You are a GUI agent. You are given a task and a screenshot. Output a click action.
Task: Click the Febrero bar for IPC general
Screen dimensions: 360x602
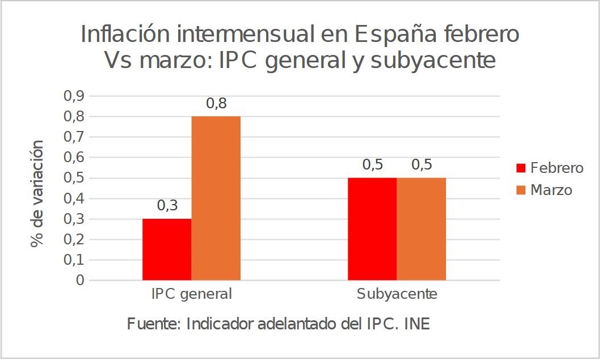click(167, 249)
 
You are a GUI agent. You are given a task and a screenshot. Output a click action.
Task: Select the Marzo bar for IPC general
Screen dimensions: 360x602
click(216, 198)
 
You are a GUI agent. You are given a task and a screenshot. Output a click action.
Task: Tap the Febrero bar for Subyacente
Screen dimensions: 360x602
click(372, 229)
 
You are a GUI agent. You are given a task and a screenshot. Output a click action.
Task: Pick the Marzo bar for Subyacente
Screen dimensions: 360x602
click(421, 229)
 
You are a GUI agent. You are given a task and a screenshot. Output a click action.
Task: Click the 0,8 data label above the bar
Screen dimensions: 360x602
click(216, 104)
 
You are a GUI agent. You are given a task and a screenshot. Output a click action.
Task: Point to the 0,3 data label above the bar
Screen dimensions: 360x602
click(167, 206)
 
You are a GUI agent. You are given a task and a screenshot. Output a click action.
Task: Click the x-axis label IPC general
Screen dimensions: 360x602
click(191, 295)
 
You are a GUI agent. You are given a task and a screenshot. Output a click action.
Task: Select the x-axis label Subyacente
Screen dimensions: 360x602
click(397, 295)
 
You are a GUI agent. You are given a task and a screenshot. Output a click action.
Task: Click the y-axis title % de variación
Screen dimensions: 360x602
click(37, 194)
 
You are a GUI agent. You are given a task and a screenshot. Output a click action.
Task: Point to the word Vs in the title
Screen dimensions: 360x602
click(117, 61)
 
